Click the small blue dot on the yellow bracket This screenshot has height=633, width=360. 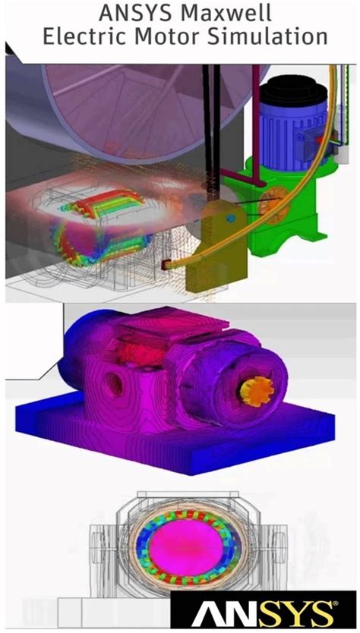(x=226, y=219)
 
